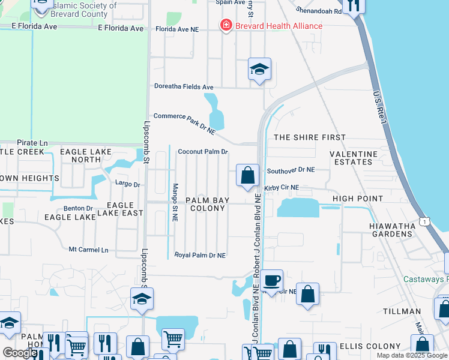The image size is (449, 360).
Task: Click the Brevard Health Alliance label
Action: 278,26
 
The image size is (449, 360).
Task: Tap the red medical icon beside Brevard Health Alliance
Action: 226,25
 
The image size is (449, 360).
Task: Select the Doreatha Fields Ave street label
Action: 184,87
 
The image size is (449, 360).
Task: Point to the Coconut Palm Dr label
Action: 203,152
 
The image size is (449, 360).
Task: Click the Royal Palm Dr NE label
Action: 200,255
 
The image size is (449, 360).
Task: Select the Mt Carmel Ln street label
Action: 88,250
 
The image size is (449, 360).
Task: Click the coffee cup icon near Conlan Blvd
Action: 271,280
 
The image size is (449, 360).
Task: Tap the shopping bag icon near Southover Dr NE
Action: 247,176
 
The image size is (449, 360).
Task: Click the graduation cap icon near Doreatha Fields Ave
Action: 259,70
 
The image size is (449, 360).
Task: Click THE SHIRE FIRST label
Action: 310,137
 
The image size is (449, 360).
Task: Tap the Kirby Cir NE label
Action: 282,188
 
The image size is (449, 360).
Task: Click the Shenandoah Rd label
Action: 319,11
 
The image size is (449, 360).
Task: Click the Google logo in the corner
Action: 19,353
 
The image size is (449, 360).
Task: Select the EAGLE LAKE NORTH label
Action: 86,155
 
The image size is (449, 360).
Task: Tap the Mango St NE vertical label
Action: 175,202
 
